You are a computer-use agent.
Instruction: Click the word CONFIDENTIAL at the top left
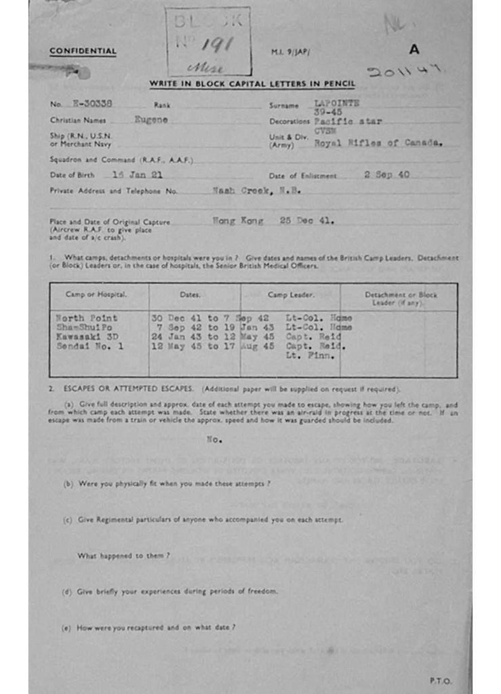coord(83,51)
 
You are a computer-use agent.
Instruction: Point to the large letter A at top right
coord(414,49)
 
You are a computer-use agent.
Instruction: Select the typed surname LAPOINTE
coord(337,103)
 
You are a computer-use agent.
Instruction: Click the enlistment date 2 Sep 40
coord(386,174)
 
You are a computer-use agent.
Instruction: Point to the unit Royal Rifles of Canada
coord(378,143)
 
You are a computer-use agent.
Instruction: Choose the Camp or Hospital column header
coord(98,294)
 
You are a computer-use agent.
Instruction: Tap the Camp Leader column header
coord(290,295)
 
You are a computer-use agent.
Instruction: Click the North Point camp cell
coord(86,318)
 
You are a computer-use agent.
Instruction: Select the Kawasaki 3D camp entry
coord(86,337)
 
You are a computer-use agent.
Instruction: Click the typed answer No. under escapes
coord(214,439)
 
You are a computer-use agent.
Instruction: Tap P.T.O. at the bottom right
coord(440,680)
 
